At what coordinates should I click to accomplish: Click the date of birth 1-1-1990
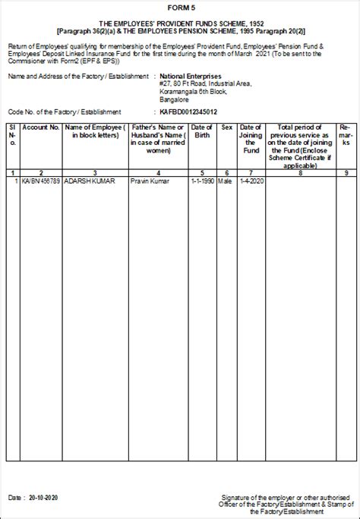[x=201, y=183]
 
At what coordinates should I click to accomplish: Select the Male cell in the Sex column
[x=226, y=183]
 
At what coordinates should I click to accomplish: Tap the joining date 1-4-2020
[x=250, y=183]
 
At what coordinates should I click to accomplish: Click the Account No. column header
[x=41, y=127]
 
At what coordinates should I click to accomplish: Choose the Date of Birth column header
[x=202, y=131]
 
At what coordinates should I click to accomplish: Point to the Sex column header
[x=226, y=127]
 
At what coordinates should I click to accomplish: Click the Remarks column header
[x=346, y=135]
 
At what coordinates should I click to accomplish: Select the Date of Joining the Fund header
[x=250, y=139]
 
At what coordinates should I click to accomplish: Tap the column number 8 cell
[x=301, y=175]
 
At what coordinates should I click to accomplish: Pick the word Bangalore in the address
[x=169, y=99]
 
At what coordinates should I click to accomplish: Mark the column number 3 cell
[x=94, y=175]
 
